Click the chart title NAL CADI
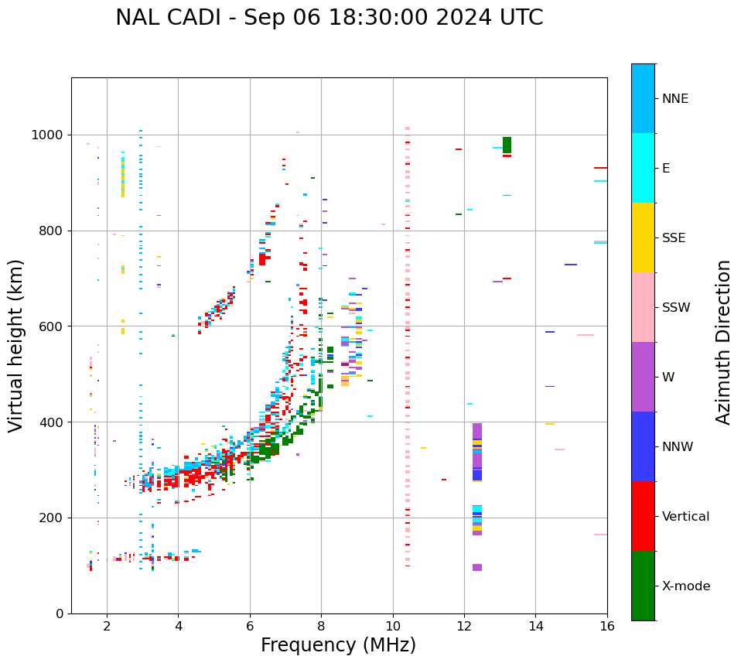329,18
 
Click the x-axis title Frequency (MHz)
338,645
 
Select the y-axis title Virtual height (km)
16,345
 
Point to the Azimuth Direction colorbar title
723,341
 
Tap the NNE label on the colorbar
674,99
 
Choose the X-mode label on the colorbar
685,586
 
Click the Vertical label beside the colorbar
685,517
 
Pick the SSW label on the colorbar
676,308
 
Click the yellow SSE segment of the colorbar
643,237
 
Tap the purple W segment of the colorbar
643,377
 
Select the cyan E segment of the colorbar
643,167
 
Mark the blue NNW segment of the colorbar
643,446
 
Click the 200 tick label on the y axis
54,518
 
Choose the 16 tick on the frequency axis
607,626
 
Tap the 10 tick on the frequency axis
393,626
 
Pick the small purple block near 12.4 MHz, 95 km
477,567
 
